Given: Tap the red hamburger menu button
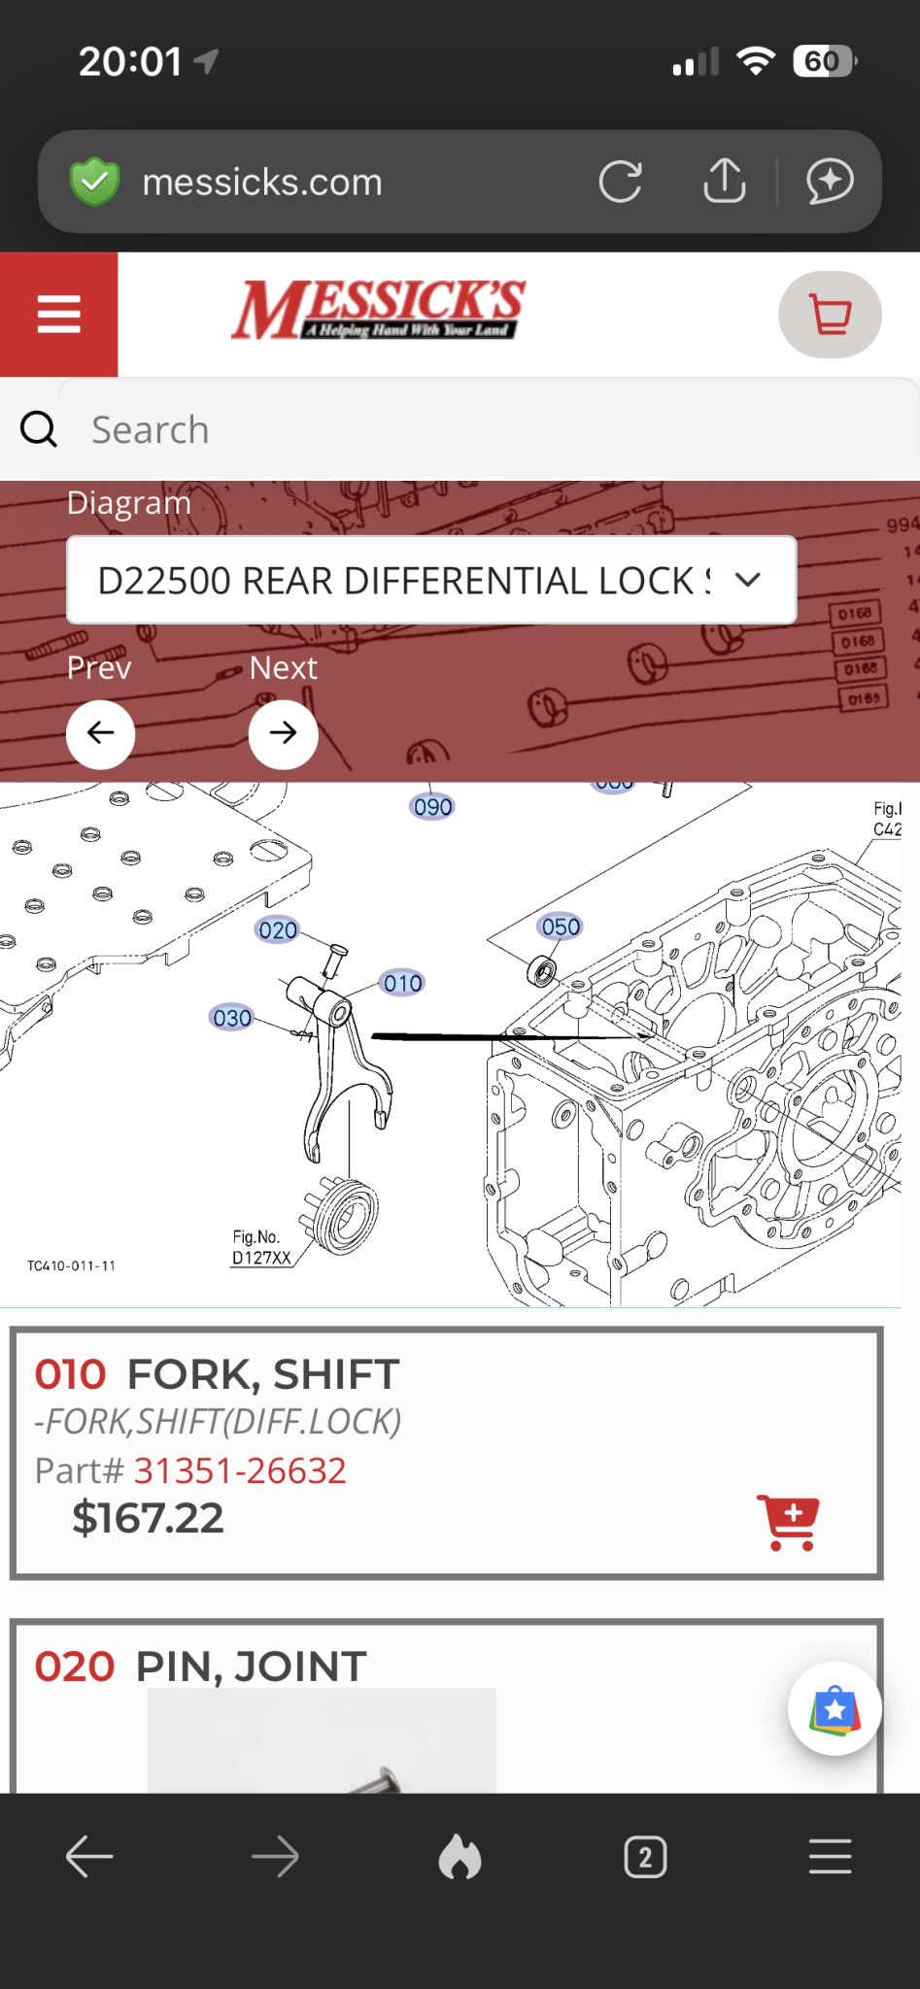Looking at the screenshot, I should pyautogui.click(x=58, y=315).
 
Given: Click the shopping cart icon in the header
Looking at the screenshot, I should pyautogui.click(x=830, y=315).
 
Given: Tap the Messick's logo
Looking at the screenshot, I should pyautogui.click(x=378, y=310).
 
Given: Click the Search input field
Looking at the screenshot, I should pyautogui.click(x=486, y=429).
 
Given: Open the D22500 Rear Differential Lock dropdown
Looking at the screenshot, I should pyautogui.click(x=431, y=580).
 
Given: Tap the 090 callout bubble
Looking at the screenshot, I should pyautogui.click(x=432, y=807).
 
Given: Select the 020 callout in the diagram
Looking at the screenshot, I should pyautogui.click(x=278, y=930).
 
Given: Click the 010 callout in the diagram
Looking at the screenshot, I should pyautogui.click(x=402, y=984).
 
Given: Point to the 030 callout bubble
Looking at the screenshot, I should pyautogui.click(x=232, y=1018).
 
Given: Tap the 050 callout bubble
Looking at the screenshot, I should pyautogui.click(x=561, y=927).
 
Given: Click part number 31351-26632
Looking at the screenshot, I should pyautogui.click(x=240, y=1470).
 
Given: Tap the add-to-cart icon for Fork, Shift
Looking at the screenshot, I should pyautogui.click(x=788, y=1522).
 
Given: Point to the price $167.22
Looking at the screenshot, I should pyautogui.click(x=148, y=1518).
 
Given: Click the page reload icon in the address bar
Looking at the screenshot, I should pyautogui.click(x=620, y=182).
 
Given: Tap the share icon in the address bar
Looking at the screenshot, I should pyautogui.click(x=724, y=181).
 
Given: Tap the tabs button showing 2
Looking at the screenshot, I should pyautogui.click(x=645, y=1857).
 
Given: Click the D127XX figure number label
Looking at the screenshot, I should pyautogui.click(x=261, y=1258).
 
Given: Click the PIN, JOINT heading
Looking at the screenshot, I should pyautogui.click(x=251, y=1667).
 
